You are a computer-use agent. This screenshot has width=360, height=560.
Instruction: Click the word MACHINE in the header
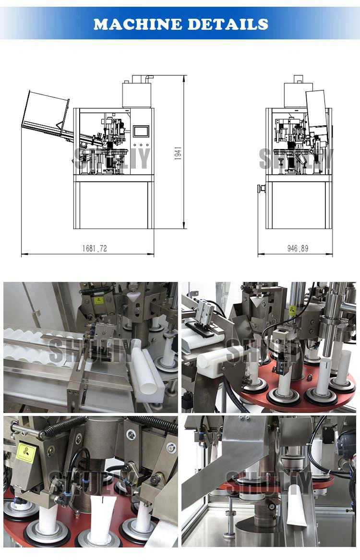coord(138,24)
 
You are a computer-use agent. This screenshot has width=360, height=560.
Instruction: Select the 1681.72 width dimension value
coord(95,248)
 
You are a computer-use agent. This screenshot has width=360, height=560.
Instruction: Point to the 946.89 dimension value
coord(298,248)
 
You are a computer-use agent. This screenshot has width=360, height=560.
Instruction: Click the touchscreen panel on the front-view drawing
coord(142,131)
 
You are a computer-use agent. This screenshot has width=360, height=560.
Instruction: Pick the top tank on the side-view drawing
coord(298,94)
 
